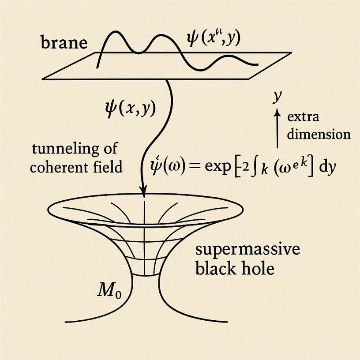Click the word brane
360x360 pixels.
[x=64, y=43]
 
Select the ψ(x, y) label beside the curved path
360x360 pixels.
[x=128, y=108]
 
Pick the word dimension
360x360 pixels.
[x=319, y=134]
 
